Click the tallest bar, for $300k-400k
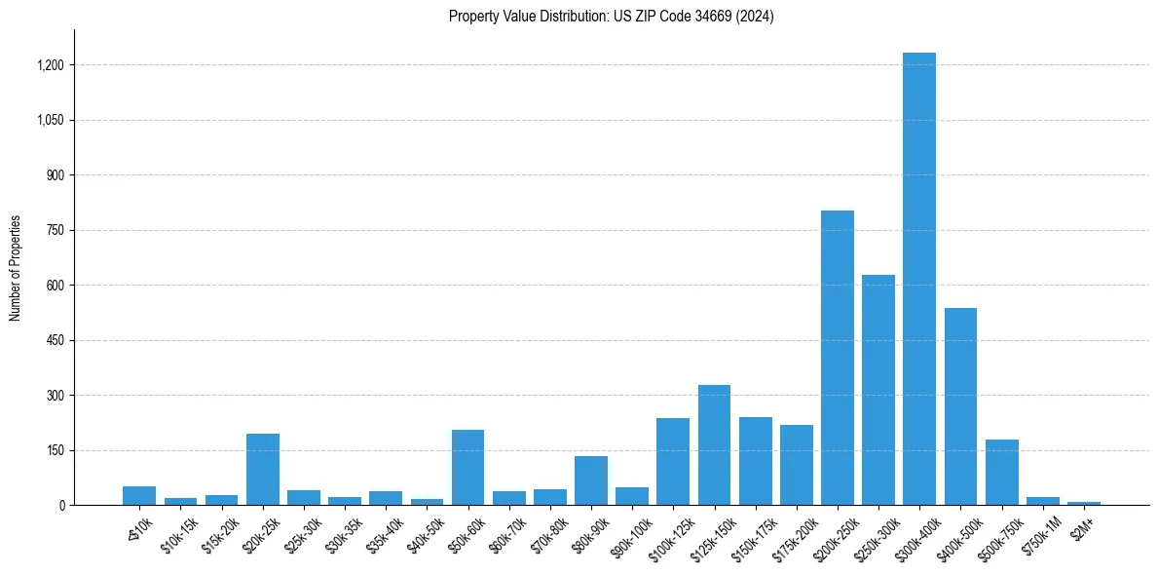point(918,279)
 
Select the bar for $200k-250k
point(837,358)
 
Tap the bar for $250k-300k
point(878,390)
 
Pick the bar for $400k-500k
point(960,406)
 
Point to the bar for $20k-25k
point(263,470)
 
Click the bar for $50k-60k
point(467,468)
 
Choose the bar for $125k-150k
point(714,445)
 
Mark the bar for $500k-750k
point(1001,473)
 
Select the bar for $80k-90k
point(591,480)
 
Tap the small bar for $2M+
point(1083,503)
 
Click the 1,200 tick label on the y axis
point(51,65)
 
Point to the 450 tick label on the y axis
point(56,341)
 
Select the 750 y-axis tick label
point(56,231)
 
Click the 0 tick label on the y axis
point(61,506)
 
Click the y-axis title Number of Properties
point(15,268)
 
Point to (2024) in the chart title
point(755,17)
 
